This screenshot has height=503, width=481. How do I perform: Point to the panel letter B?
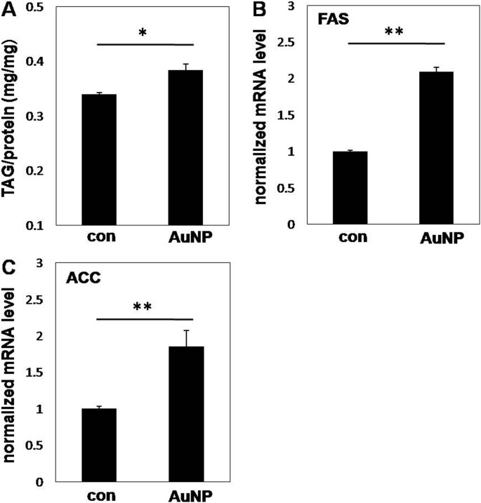pyautogui.click(x=259, y=9)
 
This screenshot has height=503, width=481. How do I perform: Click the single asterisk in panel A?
pyautogui.click(x=143, y=32)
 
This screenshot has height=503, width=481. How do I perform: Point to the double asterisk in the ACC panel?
pyautogui.click(x=143, y=307)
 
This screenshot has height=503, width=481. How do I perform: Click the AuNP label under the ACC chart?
pyautogui.click(x=186, y=495)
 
